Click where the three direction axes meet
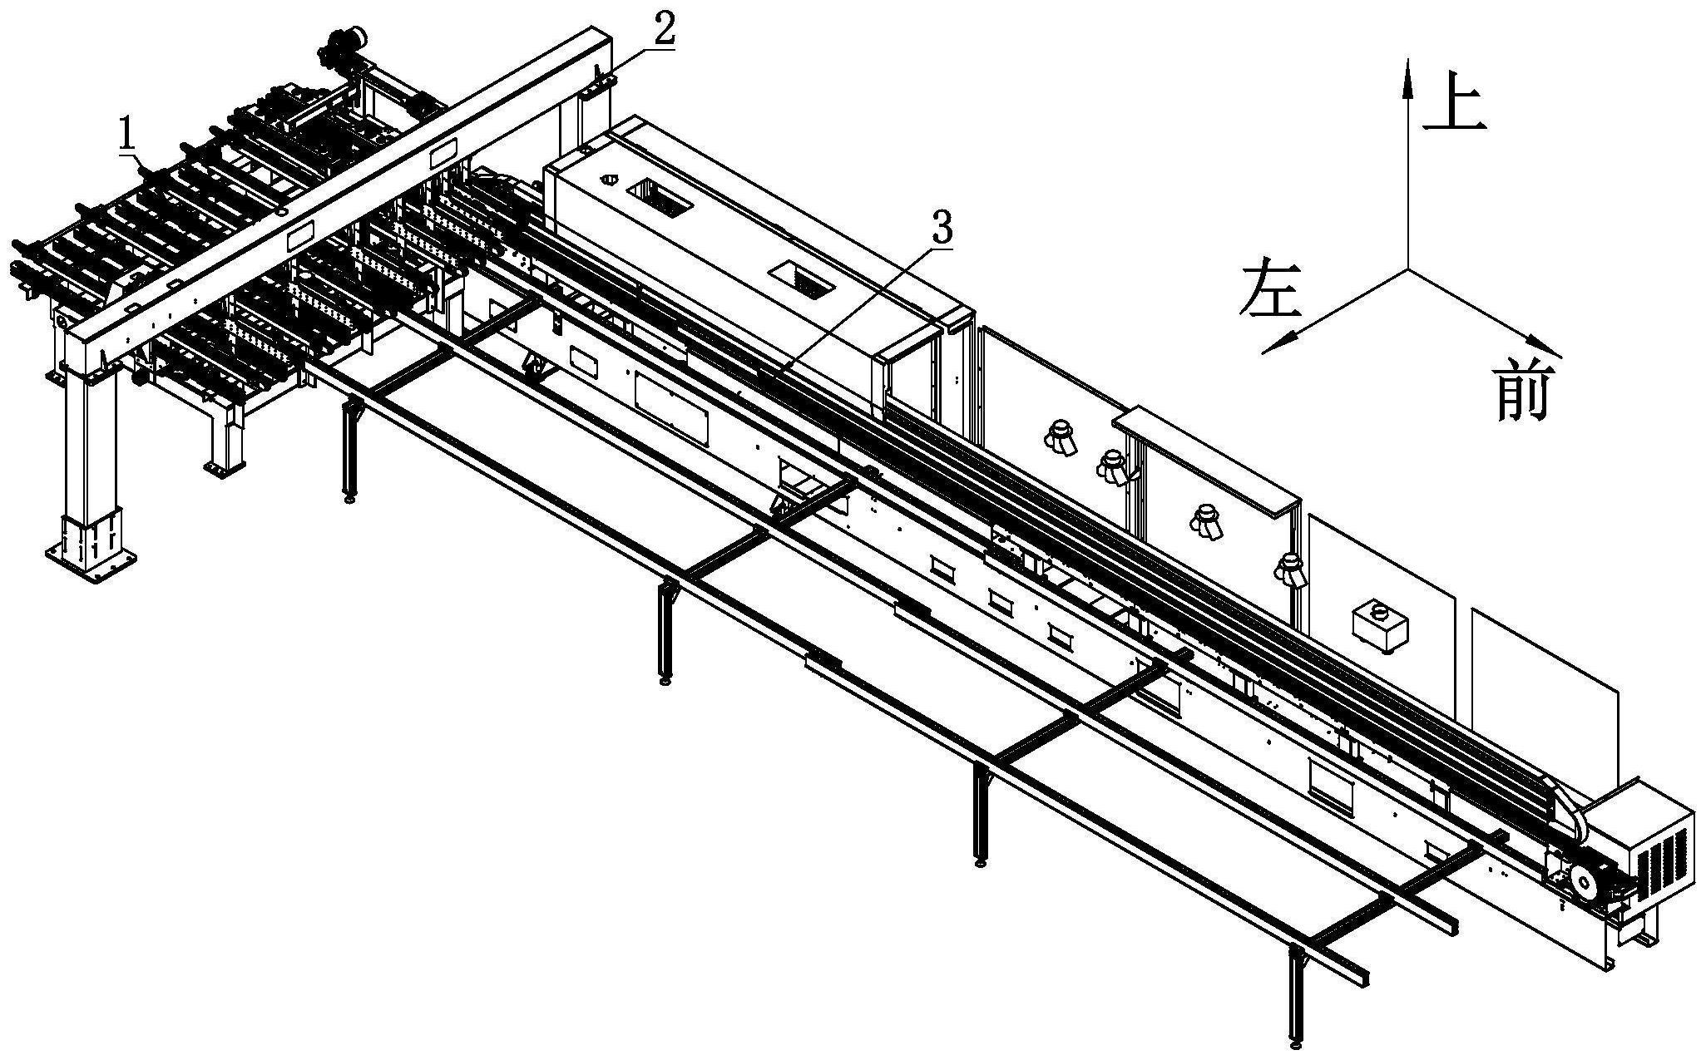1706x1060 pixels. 1408,269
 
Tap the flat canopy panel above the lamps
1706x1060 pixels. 1206,456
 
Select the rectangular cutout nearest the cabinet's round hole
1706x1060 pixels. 660,197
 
